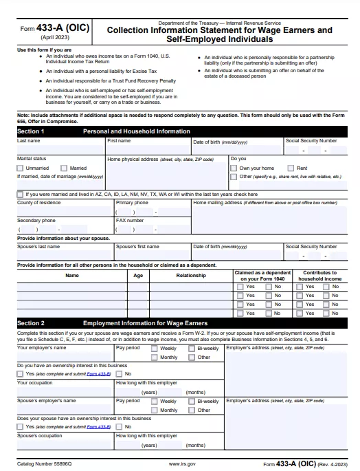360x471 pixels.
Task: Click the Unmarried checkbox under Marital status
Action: pos(21,168)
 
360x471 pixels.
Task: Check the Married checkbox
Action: pos(65,168)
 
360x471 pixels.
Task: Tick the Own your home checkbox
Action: pos(234,168)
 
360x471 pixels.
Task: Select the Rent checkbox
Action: pos(291,168)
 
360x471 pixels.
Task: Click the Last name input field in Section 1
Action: pos(60,149)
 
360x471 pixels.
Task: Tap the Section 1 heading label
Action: pos(31,131)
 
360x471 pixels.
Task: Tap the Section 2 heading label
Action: pos(31,322)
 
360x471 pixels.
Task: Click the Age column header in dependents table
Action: pos(138,275)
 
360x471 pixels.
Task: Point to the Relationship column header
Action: pos(190,275)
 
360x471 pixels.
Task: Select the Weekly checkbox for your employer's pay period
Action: pos(155,349)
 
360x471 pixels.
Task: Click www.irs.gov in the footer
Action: pos(182,464)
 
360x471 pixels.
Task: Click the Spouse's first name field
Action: pos(152,255)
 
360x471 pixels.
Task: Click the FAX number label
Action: pos(130,221)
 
